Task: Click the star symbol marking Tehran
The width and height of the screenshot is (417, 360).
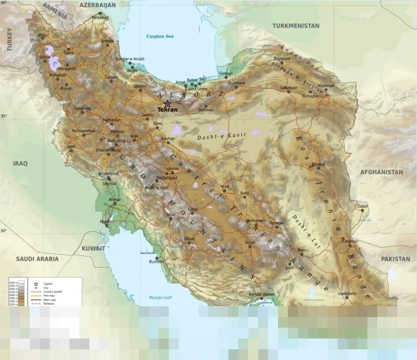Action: [167, 104]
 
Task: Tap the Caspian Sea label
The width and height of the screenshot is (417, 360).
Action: [160, 36]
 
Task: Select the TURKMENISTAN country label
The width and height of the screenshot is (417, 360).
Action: [295, 26]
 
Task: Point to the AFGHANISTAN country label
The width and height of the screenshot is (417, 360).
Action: [382, 172]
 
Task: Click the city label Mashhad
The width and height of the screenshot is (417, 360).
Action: [326, 85]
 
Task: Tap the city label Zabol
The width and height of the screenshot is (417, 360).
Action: [362, 206]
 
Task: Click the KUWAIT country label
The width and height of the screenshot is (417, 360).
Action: [93, 248]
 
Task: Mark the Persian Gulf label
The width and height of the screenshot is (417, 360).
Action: [160, 298]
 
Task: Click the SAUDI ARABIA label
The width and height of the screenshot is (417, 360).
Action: [37, 259]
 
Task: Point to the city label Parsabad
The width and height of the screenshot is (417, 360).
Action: [100, 17]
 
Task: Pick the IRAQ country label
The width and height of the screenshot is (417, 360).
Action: [20, 163]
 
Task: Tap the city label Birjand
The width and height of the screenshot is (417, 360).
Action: [318, 163]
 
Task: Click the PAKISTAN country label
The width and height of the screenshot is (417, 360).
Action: [395, 259]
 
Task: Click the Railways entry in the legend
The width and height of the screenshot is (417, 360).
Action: [49, 304]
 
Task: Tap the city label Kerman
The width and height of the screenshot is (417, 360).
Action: [277, 223]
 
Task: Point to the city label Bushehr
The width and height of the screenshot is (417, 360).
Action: [156, 262]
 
